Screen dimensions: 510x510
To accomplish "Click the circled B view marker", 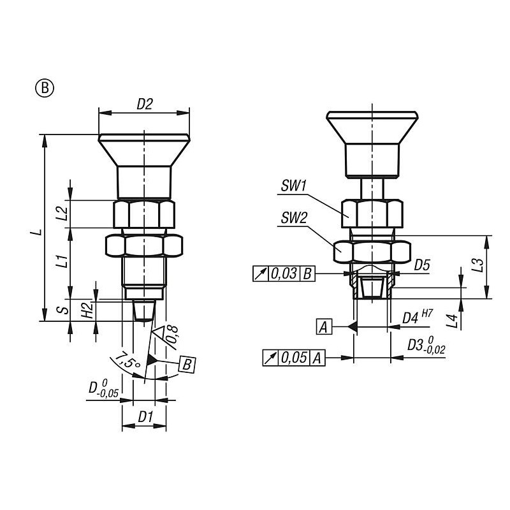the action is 45,88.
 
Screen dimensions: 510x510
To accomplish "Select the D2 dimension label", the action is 145,104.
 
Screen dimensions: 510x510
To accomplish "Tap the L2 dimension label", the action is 62,214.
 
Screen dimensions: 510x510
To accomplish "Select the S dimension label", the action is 65,310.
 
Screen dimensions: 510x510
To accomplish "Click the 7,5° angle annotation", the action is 127,360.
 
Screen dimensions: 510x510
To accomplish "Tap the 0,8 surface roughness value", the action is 172,335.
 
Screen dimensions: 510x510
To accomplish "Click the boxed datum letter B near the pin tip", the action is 187,365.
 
